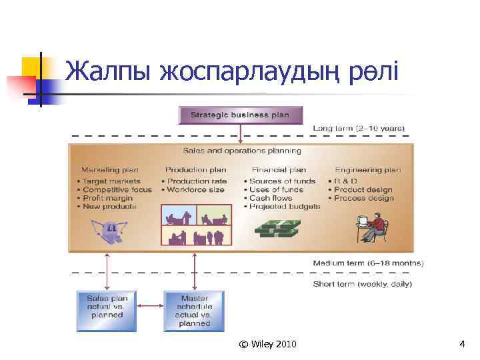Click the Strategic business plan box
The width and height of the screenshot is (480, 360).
(x=240, y=115)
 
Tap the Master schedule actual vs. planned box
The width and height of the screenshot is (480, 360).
(x=194, y=311)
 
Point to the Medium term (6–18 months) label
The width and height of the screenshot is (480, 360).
(x=368, y=263)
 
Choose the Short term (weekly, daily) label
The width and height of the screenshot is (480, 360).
(x=362, y=284)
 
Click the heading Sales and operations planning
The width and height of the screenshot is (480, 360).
(x=242, y=151)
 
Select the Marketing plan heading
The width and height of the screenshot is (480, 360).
(x=109, y=170)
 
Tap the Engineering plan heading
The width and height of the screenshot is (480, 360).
(x=368, y=170)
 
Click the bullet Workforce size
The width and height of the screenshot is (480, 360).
(x=196, y=189)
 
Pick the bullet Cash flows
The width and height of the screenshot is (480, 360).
(x=271, y=198)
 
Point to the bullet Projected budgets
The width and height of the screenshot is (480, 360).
(x=285, y=207)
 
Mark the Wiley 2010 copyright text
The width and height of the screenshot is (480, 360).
(x=268, y=344)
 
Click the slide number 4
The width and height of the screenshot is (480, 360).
(x=462, y=344)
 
